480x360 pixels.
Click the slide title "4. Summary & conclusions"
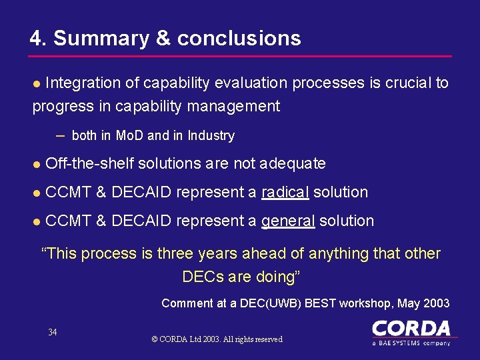165,38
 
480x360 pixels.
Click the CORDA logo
411,329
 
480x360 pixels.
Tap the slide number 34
53,332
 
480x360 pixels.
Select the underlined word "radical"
285,192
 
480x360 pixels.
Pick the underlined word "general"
288,221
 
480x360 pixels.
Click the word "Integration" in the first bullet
83,83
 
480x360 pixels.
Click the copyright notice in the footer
217,339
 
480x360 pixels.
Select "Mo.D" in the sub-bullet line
129,136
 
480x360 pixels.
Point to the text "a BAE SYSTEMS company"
411,343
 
